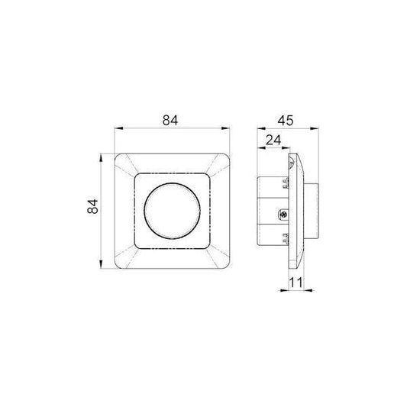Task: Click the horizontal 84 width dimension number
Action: [x=173, y=119]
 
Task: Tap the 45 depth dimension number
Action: [x=287, y=119]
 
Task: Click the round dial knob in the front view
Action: [x=173, y=210]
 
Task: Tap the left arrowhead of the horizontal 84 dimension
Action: [x=116, y=130]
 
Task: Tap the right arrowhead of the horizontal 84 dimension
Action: [x=229, y=130]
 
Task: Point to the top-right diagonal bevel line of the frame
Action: [x=219, y=164]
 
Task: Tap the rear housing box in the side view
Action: [x=269, y=209]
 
